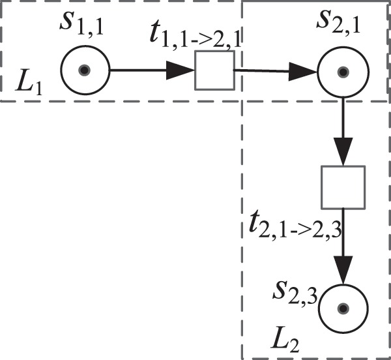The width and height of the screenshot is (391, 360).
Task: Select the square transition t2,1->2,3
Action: (x=343, y=187)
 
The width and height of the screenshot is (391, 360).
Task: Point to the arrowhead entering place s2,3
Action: (x=343, y=269)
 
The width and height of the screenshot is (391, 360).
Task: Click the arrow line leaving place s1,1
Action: (x=137, y=70)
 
